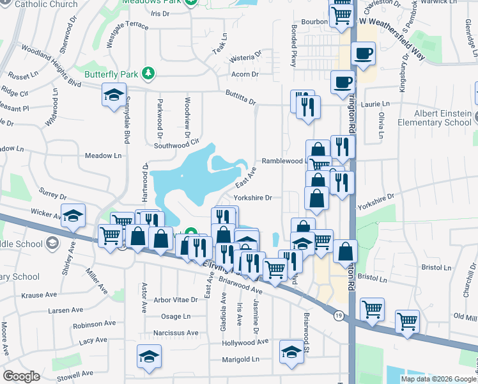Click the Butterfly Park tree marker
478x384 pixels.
point(148,74)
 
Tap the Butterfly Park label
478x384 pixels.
point(112,74)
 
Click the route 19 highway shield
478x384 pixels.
point(339,314)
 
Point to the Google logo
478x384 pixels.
point(21,376)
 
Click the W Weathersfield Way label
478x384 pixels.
point(392,38)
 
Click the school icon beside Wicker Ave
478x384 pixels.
point(73,216)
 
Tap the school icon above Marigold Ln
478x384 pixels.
point(149,356)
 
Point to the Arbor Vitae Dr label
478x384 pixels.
point(176,300)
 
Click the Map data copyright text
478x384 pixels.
point(438,379)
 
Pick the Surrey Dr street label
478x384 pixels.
point(52,195)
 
